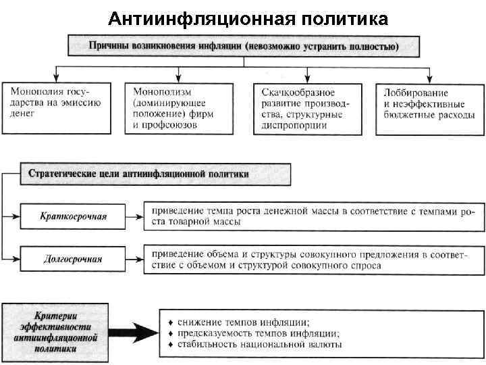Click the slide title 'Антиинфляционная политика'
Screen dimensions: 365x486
248,18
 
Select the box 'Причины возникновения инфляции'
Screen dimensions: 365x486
244,46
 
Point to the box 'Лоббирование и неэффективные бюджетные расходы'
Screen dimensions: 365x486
430,108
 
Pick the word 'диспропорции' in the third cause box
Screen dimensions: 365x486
291,126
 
